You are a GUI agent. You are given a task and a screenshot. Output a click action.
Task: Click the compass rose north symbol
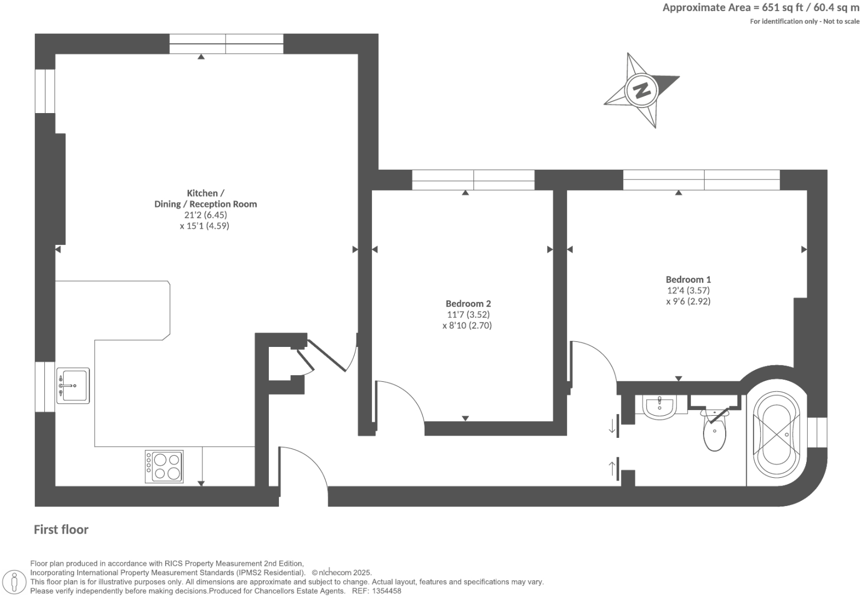642,90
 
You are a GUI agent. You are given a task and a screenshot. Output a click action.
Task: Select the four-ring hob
164,466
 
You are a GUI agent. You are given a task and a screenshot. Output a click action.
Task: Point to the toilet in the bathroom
715,432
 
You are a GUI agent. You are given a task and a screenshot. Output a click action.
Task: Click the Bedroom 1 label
688,279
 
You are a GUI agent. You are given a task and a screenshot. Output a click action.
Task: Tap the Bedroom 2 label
468,304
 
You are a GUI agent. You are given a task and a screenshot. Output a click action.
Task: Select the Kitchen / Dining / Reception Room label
205,198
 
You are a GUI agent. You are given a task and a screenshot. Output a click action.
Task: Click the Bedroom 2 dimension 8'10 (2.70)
467,326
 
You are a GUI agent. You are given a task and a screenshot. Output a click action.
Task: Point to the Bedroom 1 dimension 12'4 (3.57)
688,290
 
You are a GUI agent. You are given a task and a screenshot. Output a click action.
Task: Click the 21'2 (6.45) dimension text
206,215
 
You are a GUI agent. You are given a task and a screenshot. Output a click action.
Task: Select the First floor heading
61,530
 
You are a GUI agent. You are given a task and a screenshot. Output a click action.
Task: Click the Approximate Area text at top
761,8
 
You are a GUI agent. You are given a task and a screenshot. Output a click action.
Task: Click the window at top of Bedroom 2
473,180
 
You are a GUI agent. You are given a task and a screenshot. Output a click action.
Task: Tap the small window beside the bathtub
817,432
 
